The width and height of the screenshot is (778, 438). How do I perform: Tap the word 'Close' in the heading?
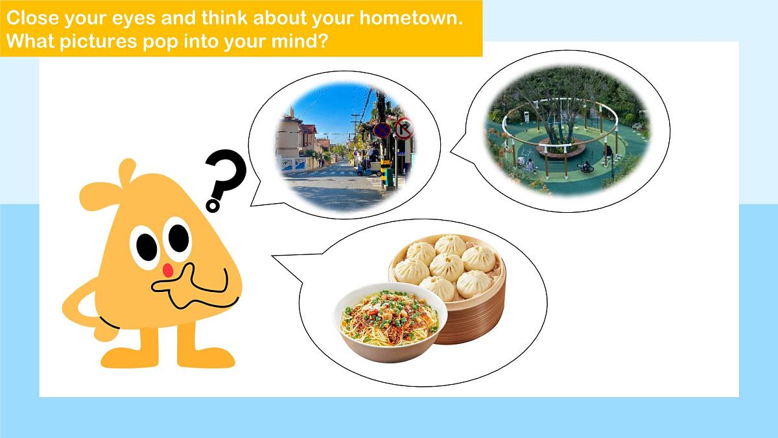(30, 17)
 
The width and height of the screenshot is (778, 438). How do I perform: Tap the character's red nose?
(167, 268)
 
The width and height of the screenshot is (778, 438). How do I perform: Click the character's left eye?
(146, 246)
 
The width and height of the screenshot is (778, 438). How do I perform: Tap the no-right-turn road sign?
(404, 128)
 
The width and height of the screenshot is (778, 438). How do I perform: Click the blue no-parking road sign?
(383, 130)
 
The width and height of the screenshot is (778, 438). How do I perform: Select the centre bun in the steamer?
(447, 266)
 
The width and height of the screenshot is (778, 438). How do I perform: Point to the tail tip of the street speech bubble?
(252, 204)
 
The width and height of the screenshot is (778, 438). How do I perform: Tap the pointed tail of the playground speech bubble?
(451, 155)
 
